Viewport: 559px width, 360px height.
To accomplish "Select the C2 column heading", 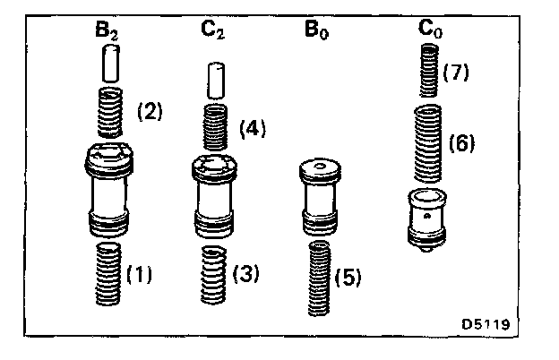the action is (x=212, y=33).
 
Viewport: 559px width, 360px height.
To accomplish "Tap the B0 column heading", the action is (x=316, y=33).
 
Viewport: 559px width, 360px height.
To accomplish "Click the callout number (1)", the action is (x=141, y=274).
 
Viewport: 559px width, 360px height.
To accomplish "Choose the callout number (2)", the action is (x=149, y=112).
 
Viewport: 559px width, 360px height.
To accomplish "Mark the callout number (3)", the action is (x=245, y=274).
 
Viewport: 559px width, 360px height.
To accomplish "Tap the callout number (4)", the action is (x=254, y=128).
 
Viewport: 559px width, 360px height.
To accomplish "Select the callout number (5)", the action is (x=348, y=279).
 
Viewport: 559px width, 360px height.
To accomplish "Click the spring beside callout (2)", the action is (x=111, y=115).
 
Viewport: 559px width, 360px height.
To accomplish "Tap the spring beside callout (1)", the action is (x=109, y=273).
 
